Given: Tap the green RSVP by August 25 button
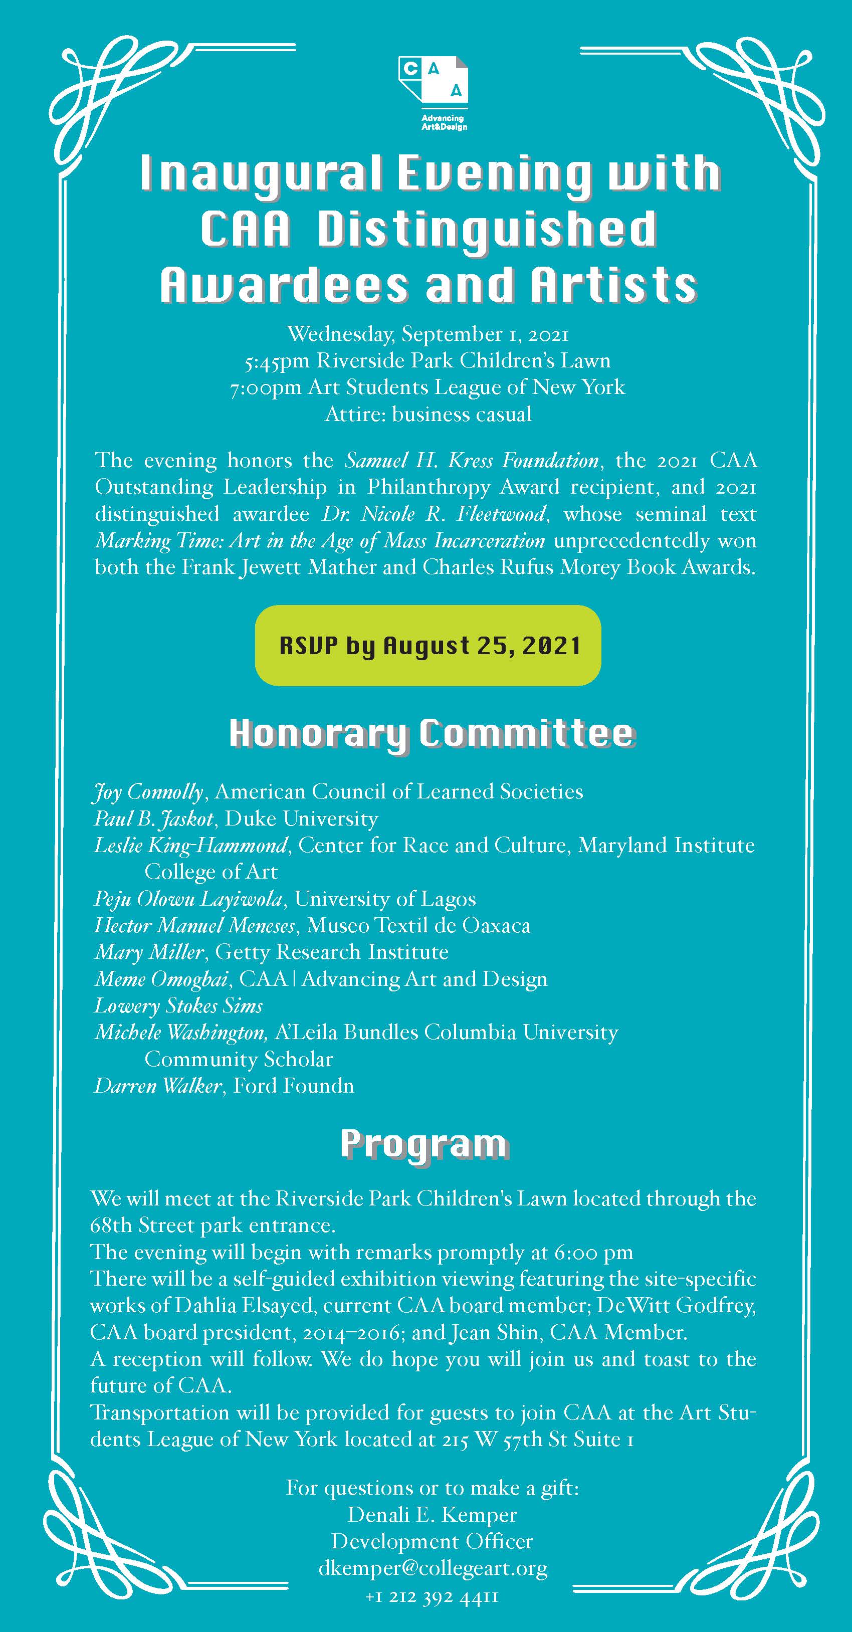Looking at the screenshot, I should [428, 646].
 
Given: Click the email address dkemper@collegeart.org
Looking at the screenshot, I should [433, 1567].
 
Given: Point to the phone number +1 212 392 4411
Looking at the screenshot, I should [432, 1596].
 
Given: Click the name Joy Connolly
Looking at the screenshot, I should [148, 792].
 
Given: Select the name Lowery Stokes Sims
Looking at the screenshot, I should [178, 1006].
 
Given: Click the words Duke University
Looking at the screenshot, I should [302, 819].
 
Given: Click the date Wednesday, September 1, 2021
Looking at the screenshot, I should [428, 334].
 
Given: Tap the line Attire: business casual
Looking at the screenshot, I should [428, 415].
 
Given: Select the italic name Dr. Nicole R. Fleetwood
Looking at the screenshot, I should [434, 513].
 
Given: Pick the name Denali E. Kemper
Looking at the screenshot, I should [432, 1514].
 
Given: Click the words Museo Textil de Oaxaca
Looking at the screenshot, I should [418, 926].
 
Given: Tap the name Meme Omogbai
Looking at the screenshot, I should [161, 979].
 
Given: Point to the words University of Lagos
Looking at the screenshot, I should [384, 899].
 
